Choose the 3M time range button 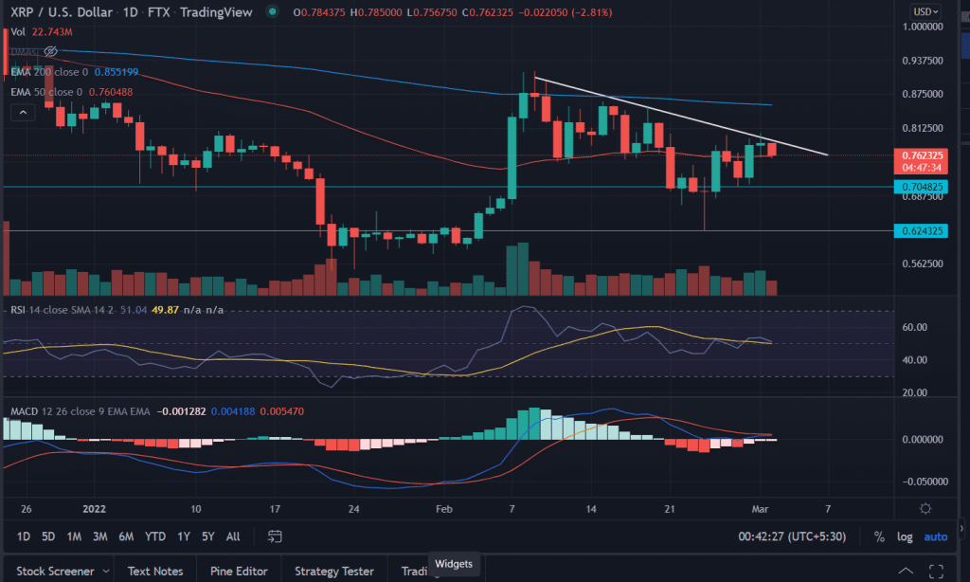(99, 537)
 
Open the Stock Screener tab (58, 571)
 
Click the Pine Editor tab (241, 571)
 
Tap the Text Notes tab (156, 571)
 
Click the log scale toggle (905, 537)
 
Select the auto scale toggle (935, 537)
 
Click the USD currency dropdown (925, 10)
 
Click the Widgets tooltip (453, 564)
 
